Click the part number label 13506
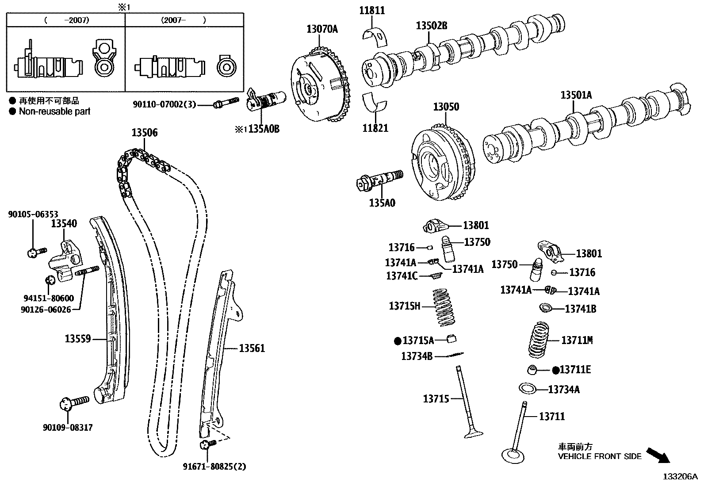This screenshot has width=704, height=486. [144, 133]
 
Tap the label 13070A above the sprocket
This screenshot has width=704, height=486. [322, 29]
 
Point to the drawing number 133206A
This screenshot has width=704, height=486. [679, 477]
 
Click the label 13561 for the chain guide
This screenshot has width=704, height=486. [252, 348]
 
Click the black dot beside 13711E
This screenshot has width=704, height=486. [556, 370]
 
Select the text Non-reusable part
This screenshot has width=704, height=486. [54, 111]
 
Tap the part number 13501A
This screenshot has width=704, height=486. [576, 95]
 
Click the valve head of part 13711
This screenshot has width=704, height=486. [513, 455]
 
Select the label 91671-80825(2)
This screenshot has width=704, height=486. [214, 466]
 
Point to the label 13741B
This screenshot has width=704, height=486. [580, 309]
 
